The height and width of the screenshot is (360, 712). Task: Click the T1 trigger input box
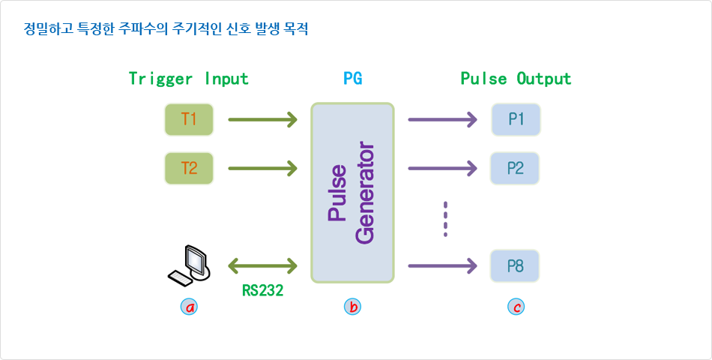(x=189, y=119)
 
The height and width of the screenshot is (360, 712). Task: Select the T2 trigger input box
(x=189, y=168)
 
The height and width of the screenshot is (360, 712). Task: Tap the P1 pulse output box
(x=516, y=119)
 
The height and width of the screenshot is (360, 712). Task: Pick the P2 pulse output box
(x=516, y=168)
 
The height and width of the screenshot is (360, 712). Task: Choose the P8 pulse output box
(x=516, y=265)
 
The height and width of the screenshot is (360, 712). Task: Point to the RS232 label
(x=262, y=291)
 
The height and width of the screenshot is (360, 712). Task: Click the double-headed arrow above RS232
(x=262, y=265)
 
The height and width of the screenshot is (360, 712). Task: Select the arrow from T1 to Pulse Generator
(x=262, y=119)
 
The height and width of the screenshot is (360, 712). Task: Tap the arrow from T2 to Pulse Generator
(x=262, y=168)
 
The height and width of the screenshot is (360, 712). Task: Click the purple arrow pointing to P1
(x=443, y=119)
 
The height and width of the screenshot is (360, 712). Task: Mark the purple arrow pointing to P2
(x=443, y=168)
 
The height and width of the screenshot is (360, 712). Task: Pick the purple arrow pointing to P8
(x=443, y=265)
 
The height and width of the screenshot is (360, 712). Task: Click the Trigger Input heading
(x=188, y=79)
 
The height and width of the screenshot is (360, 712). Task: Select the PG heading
(x=352, y=79)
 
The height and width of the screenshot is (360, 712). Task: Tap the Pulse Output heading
(x=516, y=79)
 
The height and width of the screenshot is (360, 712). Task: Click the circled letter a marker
(x=190, y=307)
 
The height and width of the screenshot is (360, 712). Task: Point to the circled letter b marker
(x=352, y=307)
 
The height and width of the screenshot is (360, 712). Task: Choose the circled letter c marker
(x=515, y=307)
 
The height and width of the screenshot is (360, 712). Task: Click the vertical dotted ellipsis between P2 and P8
(x=445, y=219)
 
